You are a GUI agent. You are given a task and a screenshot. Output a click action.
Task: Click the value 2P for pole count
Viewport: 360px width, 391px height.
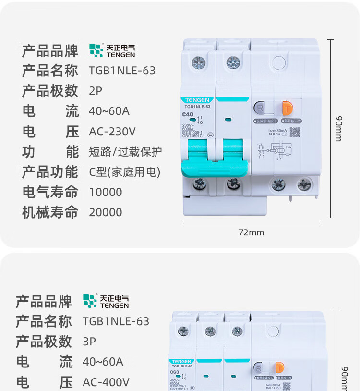96,91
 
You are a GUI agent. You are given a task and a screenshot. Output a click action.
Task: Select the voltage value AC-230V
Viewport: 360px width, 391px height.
112,132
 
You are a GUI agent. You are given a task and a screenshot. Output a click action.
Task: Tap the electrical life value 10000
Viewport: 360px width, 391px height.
106,192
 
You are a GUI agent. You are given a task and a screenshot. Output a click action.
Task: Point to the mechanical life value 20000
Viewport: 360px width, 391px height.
106,212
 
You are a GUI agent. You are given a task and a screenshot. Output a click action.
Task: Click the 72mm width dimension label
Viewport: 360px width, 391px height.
252,233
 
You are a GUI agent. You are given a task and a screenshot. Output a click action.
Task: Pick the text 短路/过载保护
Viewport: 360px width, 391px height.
125,152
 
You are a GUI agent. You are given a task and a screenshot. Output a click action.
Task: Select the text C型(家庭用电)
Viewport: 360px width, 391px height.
124,172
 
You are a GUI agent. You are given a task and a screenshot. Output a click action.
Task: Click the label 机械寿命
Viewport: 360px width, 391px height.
50,212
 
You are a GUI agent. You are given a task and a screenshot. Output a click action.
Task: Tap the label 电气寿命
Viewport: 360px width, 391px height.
50,192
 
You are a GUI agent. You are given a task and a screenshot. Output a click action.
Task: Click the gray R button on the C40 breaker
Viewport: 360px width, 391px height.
260,108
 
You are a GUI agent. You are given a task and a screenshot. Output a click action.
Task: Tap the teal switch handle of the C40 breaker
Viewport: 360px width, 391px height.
216,159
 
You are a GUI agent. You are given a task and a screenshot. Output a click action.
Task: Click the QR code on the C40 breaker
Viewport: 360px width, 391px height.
294,133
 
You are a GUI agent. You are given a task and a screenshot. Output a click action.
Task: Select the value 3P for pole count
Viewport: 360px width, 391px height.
89,342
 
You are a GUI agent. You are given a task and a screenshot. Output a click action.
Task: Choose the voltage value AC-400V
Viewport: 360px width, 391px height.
106,382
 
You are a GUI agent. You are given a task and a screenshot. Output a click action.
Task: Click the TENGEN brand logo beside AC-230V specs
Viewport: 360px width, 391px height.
112,50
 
